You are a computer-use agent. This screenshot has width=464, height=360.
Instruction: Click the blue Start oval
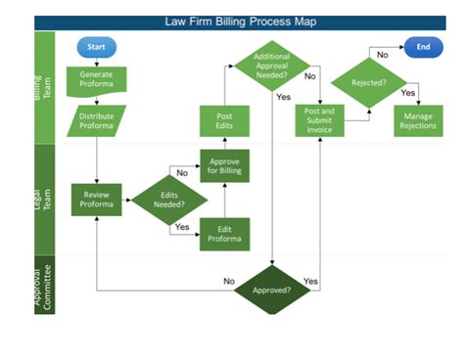(x=96, y=46)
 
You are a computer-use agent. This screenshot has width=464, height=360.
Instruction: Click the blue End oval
(x=423, y=46)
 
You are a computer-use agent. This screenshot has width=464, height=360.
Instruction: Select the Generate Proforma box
(x=96, y=79)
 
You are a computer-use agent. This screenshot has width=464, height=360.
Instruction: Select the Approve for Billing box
(x=224, y=165)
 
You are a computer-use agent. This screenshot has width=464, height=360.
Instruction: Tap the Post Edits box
(x=224, y=121)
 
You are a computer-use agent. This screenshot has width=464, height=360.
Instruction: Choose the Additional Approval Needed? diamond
(x=271, y=65)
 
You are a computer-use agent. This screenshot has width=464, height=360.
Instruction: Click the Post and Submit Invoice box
(x=320, y=121)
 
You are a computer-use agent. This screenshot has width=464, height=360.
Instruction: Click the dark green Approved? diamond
(x=271, y=290)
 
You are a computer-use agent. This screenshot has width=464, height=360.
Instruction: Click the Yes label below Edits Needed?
(x=180, y=227)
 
